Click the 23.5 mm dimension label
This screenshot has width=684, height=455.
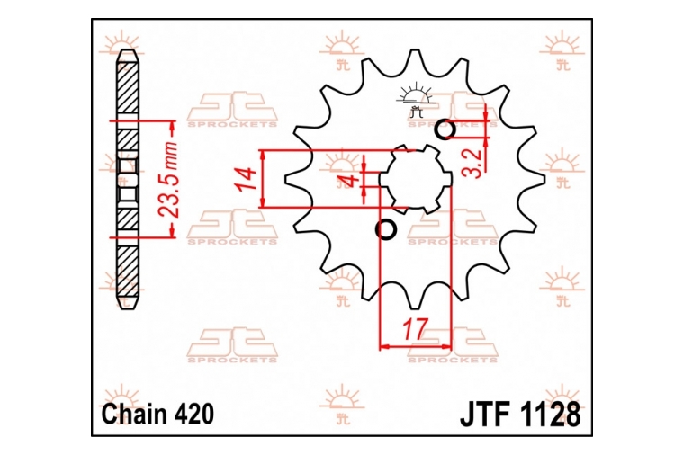pos(168,179)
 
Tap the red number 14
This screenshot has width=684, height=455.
pos(246,179)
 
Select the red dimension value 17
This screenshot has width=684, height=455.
pos(413,329)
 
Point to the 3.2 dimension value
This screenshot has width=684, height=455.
pos(472,163)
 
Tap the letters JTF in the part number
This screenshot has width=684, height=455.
pos(485,414)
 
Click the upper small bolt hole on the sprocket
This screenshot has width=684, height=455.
pos(445,129)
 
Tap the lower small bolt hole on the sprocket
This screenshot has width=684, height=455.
pos(386,228)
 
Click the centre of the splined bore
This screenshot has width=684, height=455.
pos(415,179)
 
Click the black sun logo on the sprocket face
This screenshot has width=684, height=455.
pos(416,100)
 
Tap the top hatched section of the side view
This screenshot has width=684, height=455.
pos(128,86)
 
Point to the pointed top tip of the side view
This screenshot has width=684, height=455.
pos(128,49)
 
